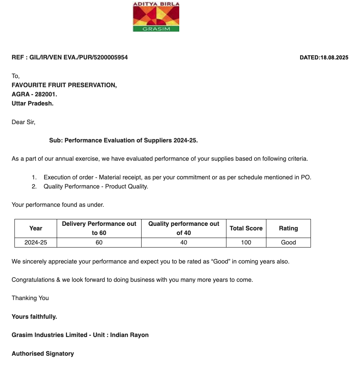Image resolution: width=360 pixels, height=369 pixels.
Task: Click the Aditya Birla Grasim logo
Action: [156, 17]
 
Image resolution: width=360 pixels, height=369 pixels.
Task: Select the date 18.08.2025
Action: [334, 58]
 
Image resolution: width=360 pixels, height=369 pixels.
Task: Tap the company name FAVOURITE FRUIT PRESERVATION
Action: [64, 85]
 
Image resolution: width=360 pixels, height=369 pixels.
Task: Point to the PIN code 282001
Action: [46, 94]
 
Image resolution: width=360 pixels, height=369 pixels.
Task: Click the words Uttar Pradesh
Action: [33, 103]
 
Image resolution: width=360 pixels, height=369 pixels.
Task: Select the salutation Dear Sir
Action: [23, 122]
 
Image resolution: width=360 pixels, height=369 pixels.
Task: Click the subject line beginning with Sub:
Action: [123, 140]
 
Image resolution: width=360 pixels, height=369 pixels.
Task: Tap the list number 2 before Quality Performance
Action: [34, 186]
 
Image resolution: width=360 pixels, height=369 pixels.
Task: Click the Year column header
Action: [36, 228]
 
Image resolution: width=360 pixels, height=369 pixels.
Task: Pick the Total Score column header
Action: [246, 228]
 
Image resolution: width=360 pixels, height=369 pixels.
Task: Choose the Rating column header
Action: [288, 228]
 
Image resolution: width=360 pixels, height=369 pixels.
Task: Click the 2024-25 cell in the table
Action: [36, 242]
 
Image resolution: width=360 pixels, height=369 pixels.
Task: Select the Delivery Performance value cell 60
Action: [99, 242]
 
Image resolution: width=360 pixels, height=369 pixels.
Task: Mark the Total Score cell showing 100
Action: [246, 242]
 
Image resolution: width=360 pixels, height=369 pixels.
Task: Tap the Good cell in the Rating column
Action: [288, 242]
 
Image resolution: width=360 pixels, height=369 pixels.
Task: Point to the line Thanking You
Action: [30, 298]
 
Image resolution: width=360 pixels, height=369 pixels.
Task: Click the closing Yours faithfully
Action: [34, 316]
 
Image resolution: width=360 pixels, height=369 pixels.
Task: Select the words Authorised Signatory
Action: [43, 353]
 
